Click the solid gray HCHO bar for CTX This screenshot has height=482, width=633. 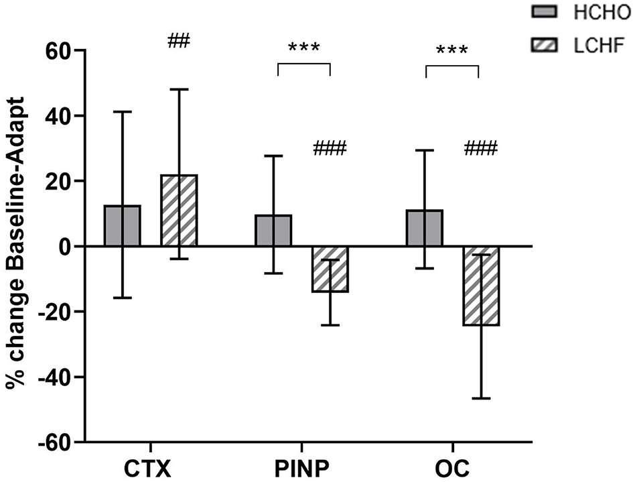(x=122, y=226)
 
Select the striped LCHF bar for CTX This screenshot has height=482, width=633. (x=179, y=211)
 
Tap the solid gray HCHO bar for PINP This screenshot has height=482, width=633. (x=273, y=231)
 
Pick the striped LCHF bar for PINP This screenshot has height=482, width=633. (x=330, y=269)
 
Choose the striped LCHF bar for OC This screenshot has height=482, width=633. (x=482, y=286)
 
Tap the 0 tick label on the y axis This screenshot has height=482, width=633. (x=64, y=247)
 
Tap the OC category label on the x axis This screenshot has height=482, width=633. (x=453, y=465)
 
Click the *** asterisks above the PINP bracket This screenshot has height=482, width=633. (x=303, y=49)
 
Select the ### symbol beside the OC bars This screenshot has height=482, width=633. (x=480, y=148)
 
